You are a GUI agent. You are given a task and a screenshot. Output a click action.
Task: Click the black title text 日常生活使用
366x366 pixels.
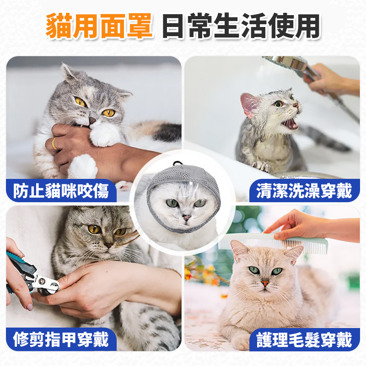click(x=241, y=26)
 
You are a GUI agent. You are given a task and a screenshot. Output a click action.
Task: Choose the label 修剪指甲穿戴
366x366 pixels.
click(x=61, y=339)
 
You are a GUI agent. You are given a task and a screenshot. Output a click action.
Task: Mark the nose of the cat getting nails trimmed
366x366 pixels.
click(x=108, y=245)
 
